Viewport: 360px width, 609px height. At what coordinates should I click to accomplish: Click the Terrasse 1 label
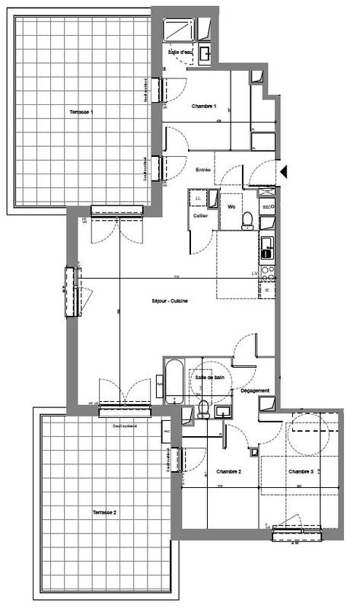pyautogui.click(x=81, y=112)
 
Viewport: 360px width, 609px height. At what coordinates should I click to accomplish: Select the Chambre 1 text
pyautogui.click(x=204, y=105)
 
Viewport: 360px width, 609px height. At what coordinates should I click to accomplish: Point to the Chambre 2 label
pyautogui.click(x=228, y=472)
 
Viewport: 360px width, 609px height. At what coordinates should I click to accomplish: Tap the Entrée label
pyautogui.click(x=203, y=169)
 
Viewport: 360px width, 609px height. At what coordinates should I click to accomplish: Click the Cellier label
pyautogui.click(x=201, y=215)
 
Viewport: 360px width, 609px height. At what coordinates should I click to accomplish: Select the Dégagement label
pyautogui.click(x=255, y=391)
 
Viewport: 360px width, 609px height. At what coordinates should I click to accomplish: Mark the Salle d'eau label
pyautogui.click(x=180, y=51)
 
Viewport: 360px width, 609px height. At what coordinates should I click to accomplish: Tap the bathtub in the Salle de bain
pyautogui.click(x=173, y=383)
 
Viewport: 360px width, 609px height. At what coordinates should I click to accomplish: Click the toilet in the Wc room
pyautogui.click(x=247, y=219)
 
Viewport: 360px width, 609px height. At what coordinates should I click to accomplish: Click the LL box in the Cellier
pyautogui.click(x=199, y=199)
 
